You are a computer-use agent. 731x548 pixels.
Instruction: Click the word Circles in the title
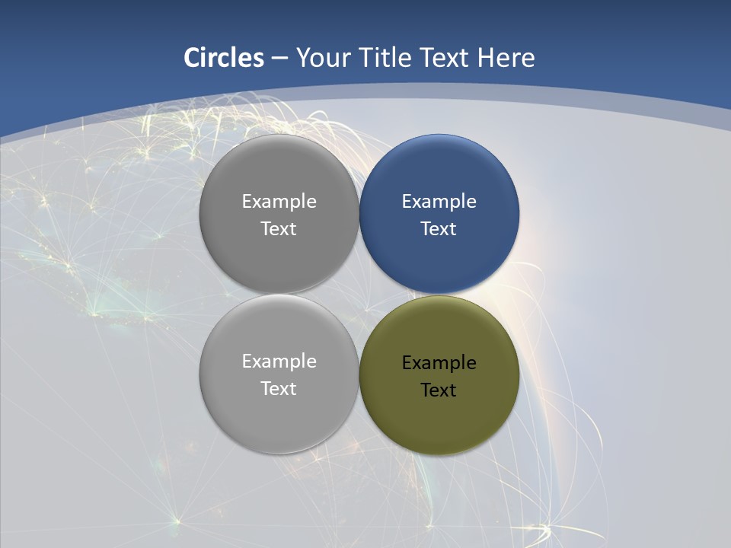point(224,58)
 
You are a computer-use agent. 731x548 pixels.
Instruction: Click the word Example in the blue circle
point(439,202)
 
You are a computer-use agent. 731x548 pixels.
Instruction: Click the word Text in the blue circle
point(439,228)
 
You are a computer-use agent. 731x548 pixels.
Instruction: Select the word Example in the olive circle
point(439,363)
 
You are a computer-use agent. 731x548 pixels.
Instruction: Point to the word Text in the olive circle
point(439,390)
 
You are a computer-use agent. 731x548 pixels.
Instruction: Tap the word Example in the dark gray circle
point(279,202)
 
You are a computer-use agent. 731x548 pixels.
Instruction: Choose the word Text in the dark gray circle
point(279,228)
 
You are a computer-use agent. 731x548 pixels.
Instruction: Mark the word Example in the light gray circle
point(279,362)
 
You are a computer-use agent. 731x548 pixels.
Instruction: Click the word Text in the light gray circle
point(279,388)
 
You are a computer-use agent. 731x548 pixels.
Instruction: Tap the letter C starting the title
point(192,58)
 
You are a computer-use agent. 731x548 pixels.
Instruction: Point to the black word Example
point(439,363)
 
